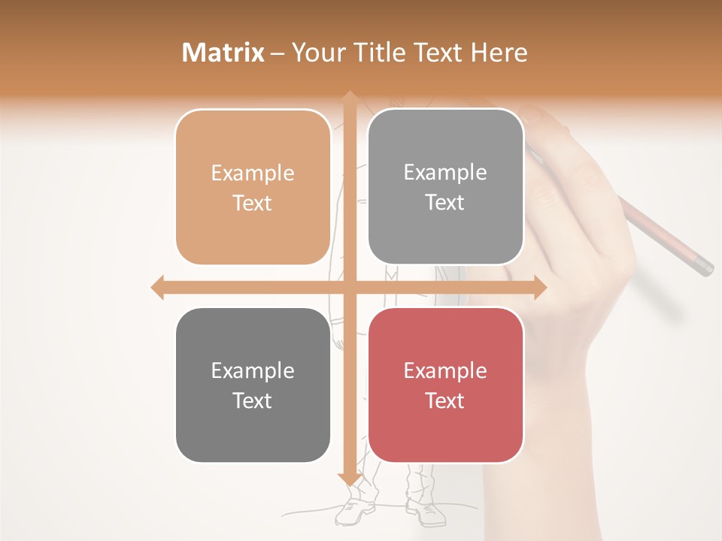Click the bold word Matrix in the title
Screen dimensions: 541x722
pyautogui.click(x=223, y=53)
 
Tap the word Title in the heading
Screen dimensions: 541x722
pyautogui.click(x=390, y=53)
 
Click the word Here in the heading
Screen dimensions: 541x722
pyautogui.click(x=499, y=53)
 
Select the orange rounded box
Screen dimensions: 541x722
pyautogui.click(x=253, y=187)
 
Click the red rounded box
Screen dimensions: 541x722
pyautogui.click(x=445, y=385)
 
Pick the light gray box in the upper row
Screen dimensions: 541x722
pyautogui.click(x=445, y=187)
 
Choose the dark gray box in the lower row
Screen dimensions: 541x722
pyautogui.click(x=253, y=385)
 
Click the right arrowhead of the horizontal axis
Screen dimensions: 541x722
pyautogui.click(x=540, y=287)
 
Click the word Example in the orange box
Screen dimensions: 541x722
pyautogui.click(x=253, y=173)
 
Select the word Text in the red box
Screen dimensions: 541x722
pyautogui.click(x=445, y=400)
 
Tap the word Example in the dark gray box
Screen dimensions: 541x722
pyautogui.click(x=253, y=370)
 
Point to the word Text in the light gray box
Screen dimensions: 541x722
pyautogui.click(x=445, y=203)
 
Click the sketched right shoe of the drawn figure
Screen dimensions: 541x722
pyautogui.click(x=426, y=512)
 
